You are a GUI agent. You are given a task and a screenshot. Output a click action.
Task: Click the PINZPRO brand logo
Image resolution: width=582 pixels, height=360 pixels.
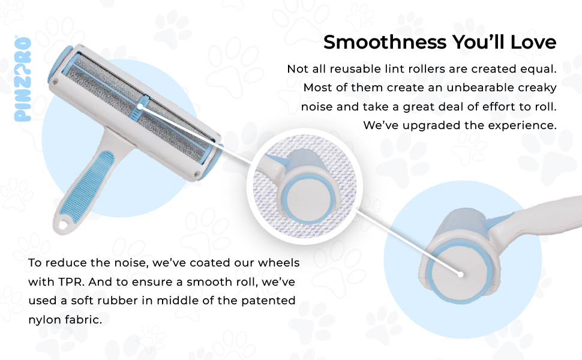tap(23, 79)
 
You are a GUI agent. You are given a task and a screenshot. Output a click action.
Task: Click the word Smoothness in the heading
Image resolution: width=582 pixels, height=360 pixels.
tap(385, 42)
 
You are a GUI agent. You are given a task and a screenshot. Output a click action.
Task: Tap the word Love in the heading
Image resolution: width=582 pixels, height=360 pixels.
tap(533, 42)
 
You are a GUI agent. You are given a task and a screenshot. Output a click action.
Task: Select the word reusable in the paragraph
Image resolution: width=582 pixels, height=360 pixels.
tap(355, 69)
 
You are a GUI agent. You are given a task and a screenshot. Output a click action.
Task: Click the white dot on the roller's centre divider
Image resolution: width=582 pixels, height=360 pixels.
tap(140, 107)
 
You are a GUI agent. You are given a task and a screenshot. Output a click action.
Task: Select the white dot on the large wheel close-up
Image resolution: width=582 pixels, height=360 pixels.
tap(460, 274)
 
